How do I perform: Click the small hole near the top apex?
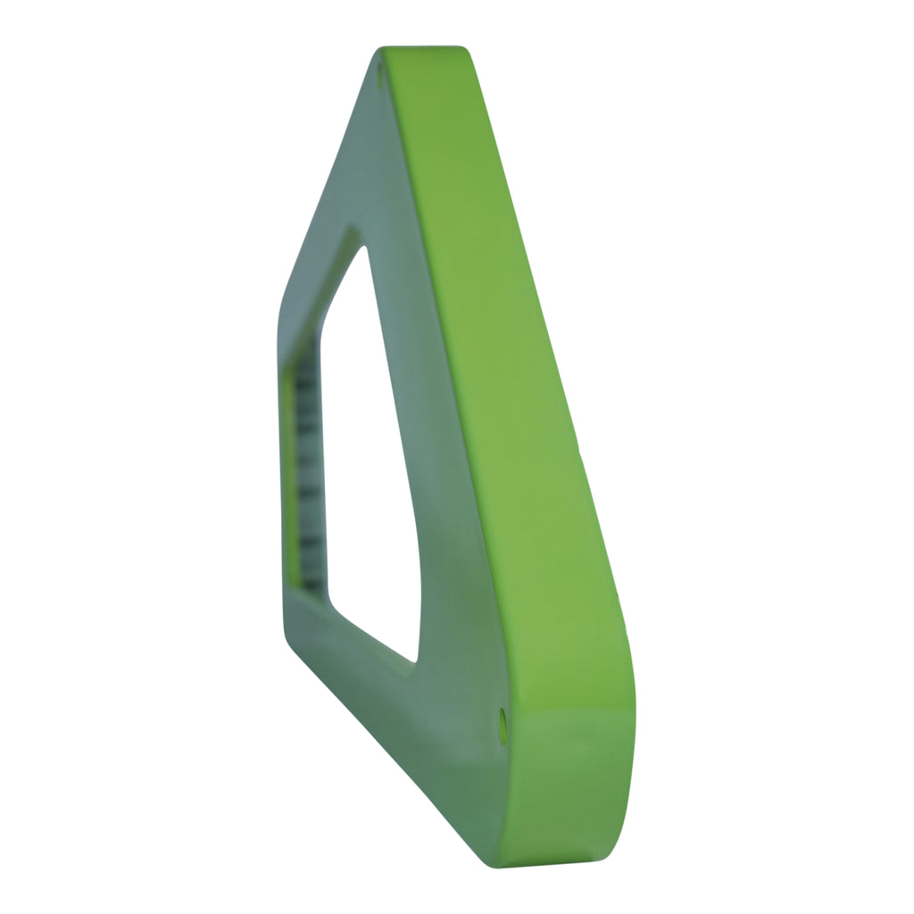point(380,75)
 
